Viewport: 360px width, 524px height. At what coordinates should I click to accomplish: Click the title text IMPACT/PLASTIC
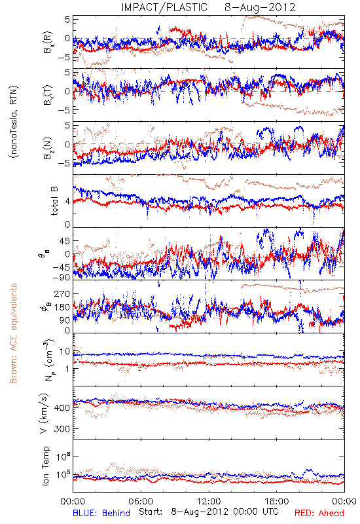(164, 7)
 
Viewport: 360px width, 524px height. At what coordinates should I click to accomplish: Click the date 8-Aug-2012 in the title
(260, 7)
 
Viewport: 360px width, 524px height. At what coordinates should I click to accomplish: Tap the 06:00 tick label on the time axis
(141, 501)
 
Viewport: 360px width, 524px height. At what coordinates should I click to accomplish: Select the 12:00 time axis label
(209, 501)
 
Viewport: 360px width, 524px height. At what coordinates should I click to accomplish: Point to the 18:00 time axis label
(277, 501)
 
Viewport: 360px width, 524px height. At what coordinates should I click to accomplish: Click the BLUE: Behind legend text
(101, 513)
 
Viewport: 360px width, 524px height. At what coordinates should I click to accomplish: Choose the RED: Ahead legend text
(319, 513)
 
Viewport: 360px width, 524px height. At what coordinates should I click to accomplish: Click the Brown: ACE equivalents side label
(13, 333)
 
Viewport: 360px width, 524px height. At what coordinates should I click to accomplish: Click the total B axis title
(55, 200)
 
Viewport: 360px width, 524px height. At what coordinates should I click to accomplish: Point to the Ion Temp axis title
(46, 466)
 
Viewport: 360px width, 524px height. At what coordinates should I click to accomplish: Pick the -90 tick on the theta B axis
(62, 277)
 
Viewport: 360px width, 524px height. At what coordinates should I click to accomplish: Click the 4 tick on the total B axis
(68, 202)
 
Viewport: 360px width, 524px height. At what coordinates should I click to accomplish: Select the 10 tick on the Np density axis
(65, 351)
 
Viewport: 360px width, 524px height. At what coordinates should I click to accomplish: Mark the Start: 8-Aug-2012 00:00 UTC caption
(208, 512)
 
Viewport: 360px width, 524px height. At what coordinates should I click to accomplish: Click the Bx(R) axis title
(48, 42)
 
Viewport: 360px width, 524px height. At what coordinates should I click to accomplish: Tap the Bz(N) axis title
(48, 148)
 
